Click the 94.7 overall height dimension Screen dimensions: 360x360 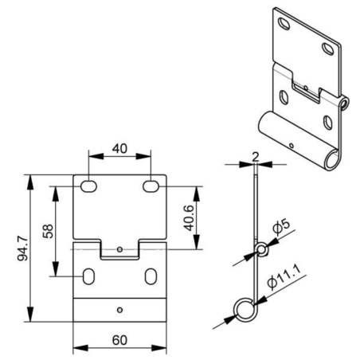tap(22, 248)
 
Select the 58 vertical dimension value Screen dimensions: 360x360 tap(48, 231)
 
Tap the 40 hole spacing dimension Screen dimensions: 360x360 tap(119, 149)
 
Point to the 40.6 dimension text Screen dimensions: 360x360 tap(190, 217)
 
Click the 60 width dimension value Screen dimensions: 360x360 tap(119, 340)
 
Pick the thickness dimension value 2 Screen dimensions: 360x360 tap(255, 157)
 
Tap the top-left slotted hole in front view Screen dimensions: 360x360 tap(88, 186)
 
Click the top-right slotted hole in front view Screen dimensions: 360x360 tap(151, 186)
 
